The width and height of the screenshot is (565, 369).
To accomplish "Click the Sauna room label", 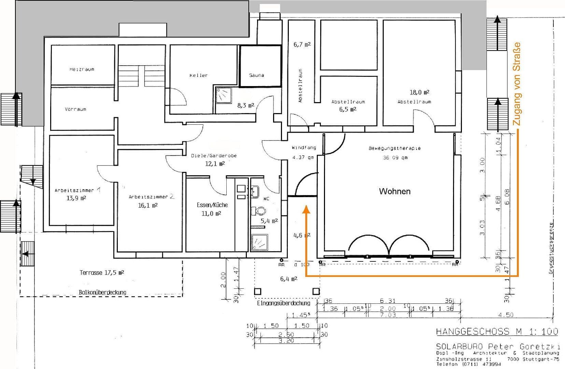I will pyautogui.click(x=256, y=75).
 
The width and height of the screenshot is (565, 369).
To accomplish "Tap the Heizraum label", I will pyautogui.click(x=82, y=69).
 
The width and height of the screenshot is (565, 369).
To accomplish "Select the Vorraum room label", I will pyautogui.click(x=75, y=109).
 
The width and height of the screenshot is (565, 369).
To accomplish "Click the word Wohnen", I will pyautogui.click(x=395, y=191).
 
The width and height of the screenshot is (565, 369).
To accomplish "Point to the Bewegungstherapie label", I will pyautogui.click(x=395, y=148).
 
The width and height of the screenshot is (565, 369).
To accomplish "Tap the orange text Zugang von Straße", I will pyautogui.click(x=517, y=84).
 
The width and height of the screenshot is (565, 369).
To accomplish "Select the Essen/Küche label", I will pyautogui.click(x=212, y=205).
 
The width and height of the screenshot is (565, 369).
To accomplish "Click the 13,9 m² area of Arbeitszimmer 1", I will pyautogui.click(x=76, y=198).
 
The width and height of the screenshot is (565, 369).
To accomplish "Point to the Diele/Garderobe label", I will pyautogui.click(x=214, y=155).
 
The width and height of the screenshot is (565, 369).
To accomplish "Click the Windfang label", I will pyautogui.click(x=303, y=148).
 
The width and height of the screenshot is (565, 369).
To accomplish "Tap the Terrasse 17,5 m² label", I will pyautogui.click(x=101, y=273).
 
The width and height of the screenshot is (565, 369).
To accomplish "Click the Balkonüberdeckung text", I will pyautogui.click(x=102, y=292).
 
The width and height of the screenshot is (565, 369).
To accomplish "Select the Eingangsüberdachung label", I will pyautogui.click(x=283, y=303).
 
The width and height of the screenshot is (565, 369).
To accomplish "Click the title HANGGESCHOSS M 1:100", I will pyautogui.click(x=497, y=331).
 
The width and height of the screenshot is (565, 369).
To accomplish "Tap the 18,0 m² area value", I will pyautogui.click(x=419, y=92).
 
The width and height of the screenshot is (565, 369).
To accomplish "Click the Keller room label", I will pyautogui.click(x=199, y=75).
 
